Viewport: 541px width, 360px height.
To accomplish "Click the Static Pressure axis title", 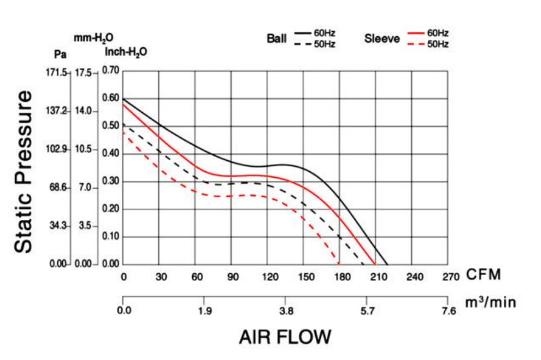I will tap(24, 171).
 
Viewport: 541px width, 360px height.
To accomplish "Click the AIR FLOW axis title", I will tap(285, 337).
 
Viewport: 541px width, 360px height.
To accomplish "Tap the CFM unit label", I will tap(484, 275).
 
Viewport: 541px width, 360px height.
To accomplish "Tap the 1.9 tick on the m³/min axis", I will tap(205, 311).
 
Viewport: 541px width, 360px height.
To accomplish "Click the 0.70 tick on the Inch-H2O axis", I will tap(110, 71).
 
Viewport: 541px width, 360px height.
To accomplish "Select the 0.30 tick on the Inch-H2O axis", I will tap(110, 181).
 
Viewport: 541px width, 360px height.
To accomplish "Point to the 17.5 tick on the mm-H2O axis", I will tap(84, 73).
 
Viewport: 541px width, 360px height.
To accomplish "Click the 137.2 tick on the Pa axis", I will tap(56, 111).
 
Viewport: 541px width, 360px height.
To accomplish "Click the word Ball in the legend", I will tap(276, 38).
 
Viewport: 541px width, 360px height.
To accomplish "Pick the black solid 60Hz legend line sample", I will tap(303, 32).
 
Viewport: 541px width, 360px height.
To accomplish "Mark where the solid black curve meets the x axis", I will tap(388, 265).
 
